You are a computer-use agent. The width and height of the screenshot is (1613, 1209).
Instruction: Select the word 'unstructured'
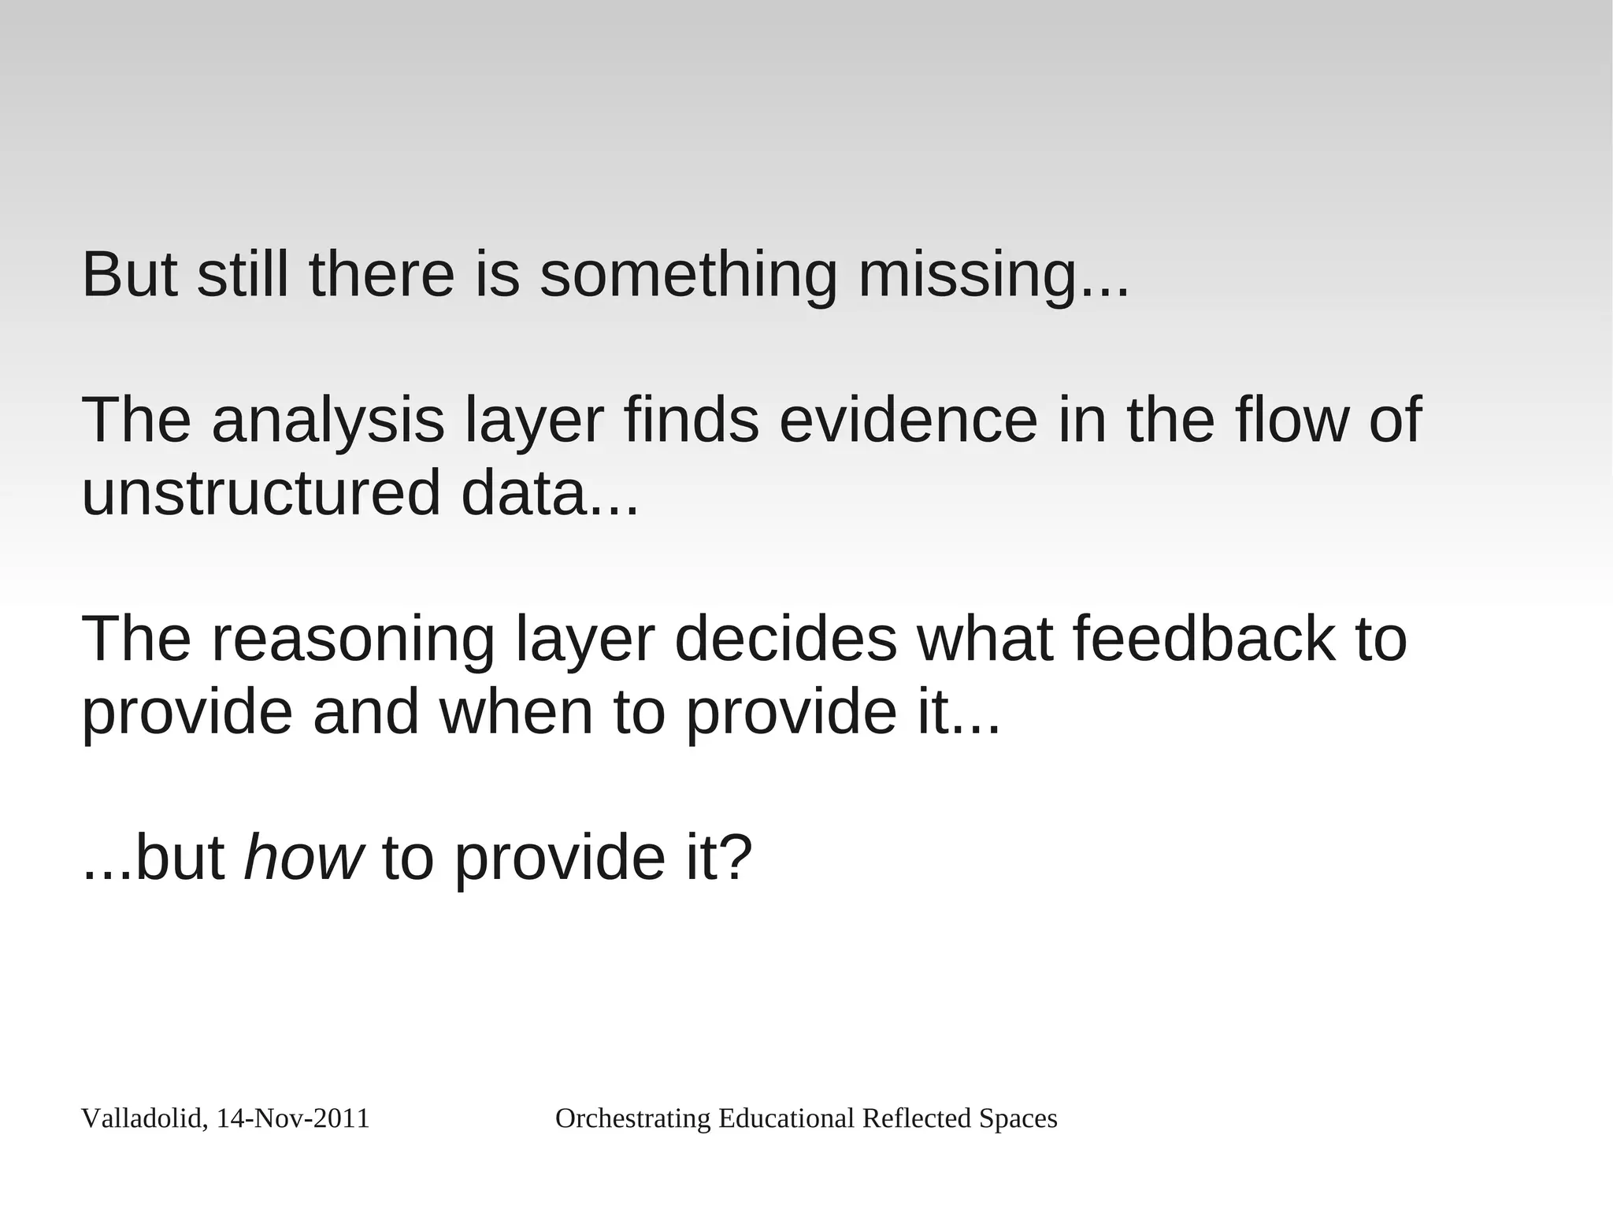(x=261, y=493)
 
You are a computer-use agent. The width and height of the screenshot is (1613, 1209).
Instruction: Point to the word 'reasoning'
(x=354, y=640)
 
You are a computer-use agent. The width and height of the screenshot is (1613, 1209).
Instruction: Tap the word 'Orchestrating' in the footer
(x=633, y=1118)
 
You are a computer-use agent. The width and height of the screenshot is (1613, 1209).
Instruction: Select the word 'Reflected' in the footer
(x=917, y=1118)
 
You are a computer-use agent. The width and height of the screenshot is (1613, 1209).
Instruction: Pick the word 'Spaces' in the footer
(x=1018, y=1118)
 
